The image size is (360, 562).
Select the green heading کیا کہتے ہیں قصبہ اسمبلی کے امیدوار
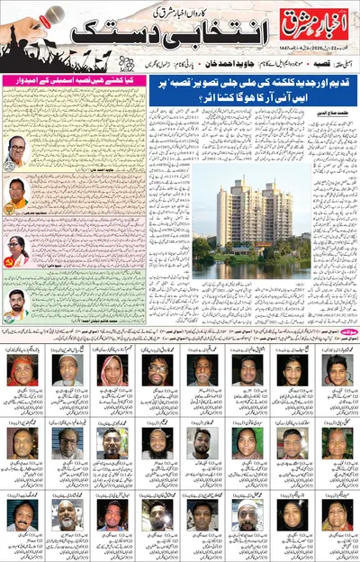pyautogui.click(x=62, y=108)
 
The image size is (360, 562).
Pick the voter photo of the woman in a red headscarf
pyautogui.click(x=22, y=370)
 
